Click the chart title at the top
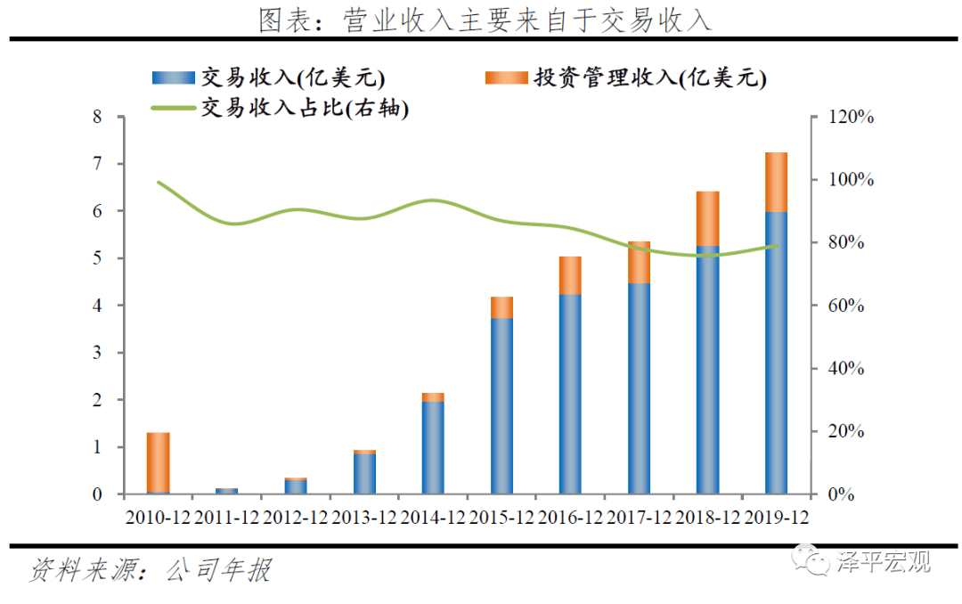coord(485,20)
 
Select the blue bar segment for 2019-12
coord(776,352)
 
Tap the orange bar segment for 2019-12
coord(776,182)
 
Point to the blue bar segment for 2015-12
coord(501,405)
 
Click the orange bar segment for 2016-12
coord(570,275)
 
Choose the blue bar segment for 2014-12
coord(433,447)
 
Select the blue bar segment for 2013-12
coord(364,473)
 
